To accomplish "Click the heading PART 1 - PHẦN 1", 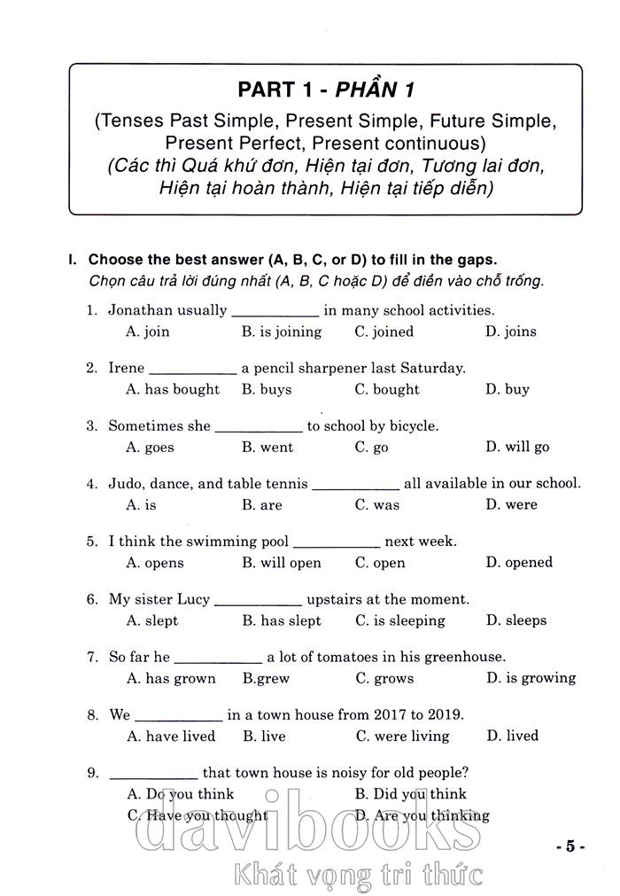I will coord(326,90).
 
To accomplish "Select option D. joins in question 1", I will coord(510,331).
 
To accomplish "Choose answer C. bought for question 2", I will coord(387,389).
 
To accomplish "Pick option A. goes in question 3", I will coord(150,448).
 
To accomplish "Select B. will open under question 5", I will coord(281,563).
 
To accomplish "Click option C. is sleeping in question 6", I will coord(399,620).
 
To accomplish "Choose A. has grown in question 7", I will coord(171,678).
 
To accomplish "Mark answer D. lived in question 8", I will coord(512,736).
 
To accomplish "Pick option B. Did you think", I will coord(410,794).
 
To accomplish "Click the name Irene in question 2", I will coord(126,368).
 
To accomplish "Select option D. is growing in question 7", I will coord(531,678).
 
